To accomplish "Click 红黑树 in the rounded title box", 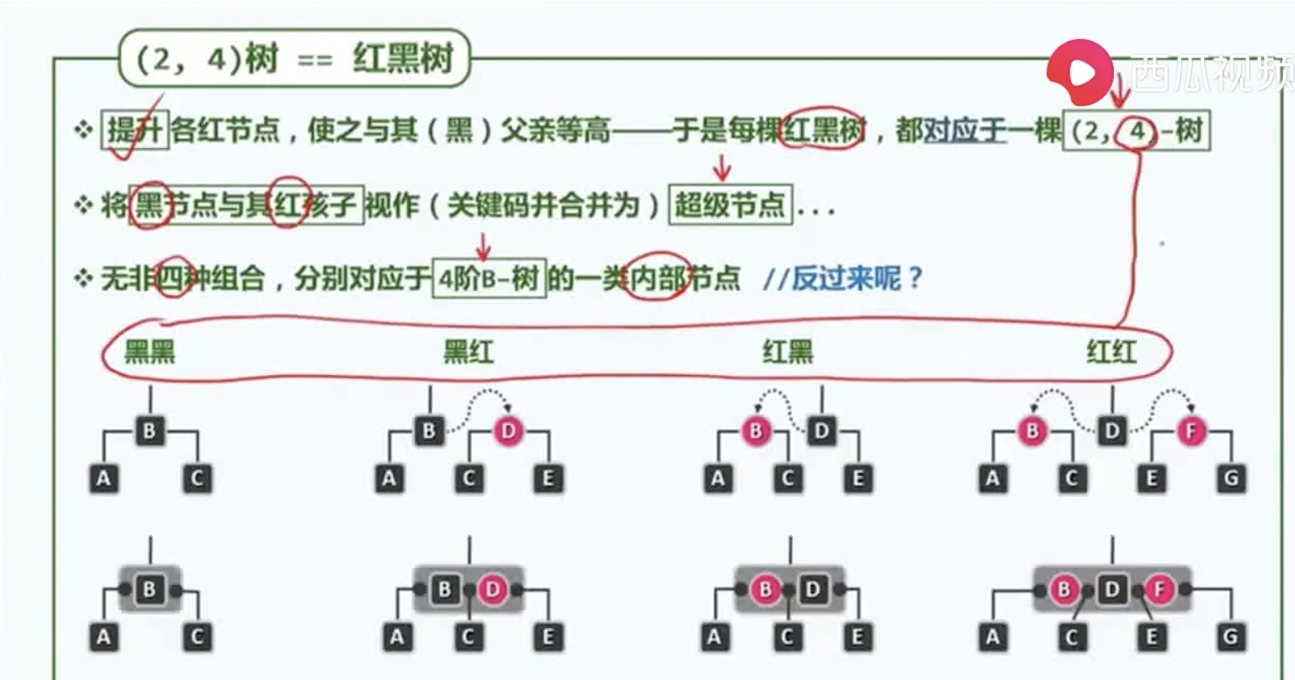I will click(x=402, y=58).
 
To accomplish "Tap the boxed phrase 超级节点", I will click(x=730, y=206).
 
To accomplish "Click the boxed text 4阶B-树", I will click(x=489, y=278).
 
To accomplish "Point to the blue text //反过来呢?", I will click(x=842, y=278).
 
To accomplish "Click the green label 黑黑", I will click(x=150, y=352).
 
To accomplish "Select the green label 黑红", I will click(x=468, y=352).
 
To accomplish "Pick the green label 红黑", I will click(x=787, y=352).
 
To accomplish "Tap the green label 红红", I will click(x=1111, y=352).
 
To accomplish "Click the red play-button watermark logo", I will click(x=1080, y=72).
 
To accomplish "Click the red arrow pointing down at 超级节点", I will click(x=722, y=167).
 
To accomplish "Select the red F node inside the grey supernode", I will click(x=1159, y=590).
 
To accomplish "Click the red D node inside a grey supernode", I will click(x=492, y=590).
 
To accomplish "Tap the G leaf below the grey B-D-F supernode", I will click(x=1231, y=637).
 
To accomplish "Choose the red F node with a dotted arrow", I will click(x=1191, y=431).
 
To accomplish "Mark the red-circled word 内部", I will click(x=656, y=278).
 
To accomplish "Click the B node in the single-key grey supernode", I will click(x=150, y=590).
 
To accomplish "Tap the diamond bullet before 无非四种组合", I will click(x=83, y=278).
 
